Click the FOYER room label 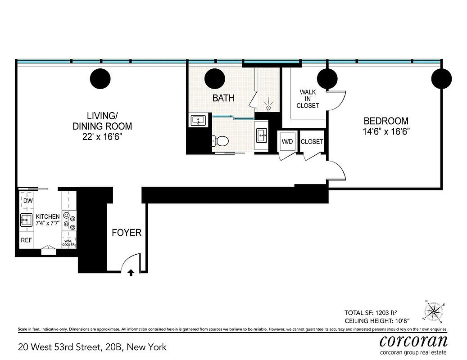pyautogui.click(x=127, y=233)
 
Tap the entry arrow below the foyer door pyautogui.click(x=131, y=272)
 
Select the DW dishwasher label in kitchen pyautogui.click(x=27, y=201)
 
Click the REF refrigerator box pyautogui.click(x=26, y=240)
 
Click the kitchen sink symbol pyautogui.click(x=26, y=220)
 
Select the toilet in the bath pyautogui.click(x=221, y=141)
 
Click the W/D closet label pyautogui.click(x=287, y=141)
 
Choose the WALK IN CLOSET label pyautogui.click(x=308, y=99)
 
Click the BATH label pyautogui.click(x=223, y=98)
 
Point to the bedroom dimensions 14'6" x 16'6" pyautogui.click(x=386, y=131)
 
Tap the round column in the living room pyautogui.click(x=100, y=79)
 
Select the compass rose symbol pyautogui.click(x=434, y=311)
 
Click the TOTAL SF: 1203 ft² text pyautogui.click(x=376, y=312)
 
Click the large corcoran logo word pyautogui.click(x=413, y=341)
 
